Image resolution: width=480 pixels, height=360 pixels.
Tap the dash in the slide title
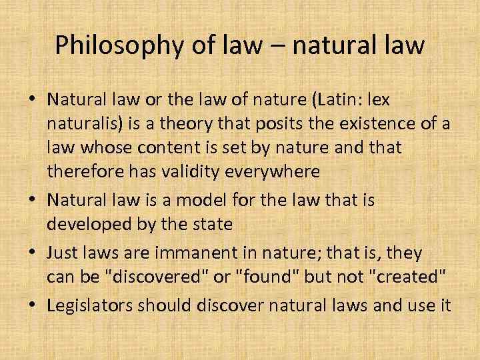point(279,47)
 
